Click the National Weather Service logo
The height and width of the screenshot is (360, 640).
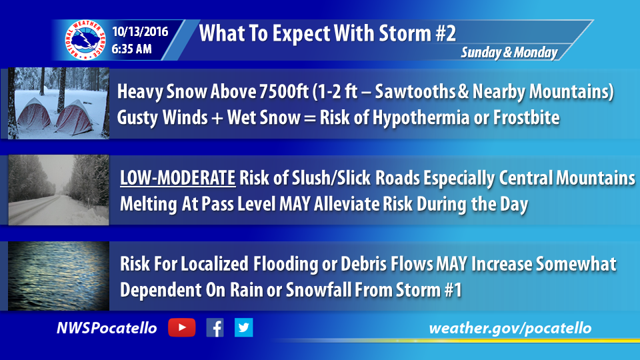point(85,40)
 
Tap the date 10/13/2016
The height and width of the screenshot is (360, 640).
point(140,31)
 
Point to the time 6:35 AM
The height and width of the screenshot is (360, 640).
point(131,49)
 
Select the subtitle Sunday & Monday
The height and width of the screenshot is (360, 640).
point(509,52)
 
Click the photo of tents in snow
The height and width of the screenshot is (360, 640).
point(59,103)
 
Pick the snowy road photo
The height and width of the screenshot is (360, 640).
point(59,190)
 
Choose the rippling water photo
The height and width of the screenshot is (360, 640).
point(59,276)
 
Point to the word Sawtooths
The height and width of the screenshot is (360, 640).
point(415,91)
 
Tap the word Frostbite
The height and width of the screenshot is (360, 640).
point(527,117)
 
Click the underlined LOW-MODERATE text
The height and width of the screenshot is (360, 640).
point(177,179)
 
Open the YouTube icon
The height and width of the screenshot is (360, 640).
point(181,328)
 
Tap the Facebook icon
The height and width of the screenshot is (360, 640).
point(215,328)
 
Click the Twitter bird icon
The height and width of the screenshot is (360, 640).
point(244,327)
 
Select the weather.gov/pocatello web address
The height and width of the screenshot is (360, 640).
point(510,328)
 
